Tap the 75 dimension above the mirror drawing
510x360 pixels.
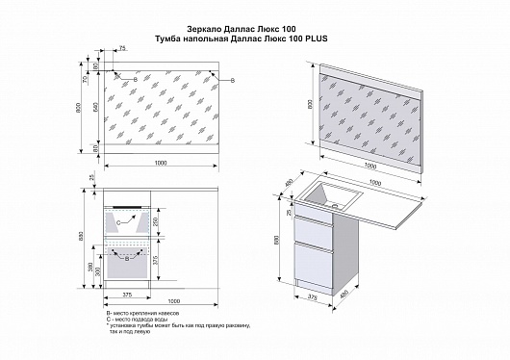click(x=122, y=47)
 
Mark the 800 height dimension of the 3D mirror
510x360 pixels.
click(x=309, y=108)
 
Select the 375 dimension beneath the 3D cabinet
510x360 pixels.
click(x=313, y=298)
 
